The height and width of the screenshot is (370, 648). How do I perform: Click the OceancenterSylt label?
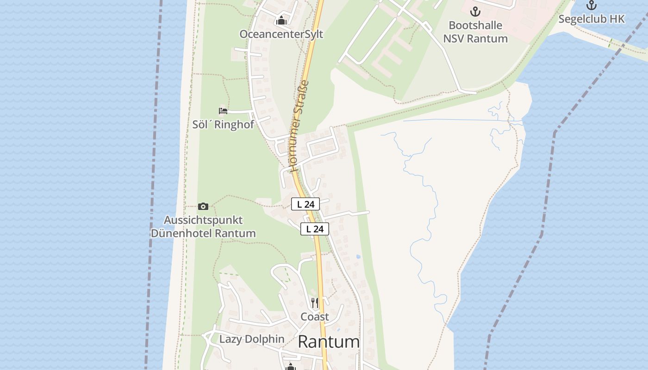pos(281,34)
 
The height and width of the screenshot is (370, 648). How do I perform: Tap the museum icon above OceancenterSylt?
pos(281,20)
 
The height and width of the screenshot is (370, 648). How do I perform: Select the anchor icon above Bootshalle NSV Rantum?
pos(475,12)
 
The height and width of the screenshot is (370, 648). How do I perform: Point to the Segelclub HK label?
pos(591,19)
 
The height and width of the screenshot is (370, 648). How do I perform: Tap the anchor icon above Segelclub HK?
pos(591,6)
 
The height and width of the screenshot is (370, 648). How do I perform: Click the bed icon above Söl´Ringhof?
pos(223,111)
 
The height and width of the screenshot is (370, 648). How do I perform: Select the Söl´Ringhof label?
pos(223,124)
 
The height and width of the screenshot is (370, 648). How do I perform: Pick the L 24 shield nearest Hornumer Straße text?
pos(305,204)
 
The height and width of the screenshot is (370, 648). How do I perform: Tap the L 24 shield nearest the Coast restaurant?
pos(315,229)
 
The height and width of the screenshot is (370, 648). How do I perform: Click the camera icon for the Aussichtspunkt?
pos(203,206)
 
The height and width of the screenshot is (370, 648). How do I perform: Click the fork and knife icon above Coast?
pos(315,303)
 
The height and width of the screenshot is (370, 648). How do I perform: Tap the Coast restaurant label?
pos(315,317)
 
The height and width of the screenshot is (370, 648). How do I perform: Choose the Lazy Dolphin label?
pos(252,339)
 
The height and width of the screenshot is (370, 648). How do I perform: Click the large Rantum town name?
pos(329,342)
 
